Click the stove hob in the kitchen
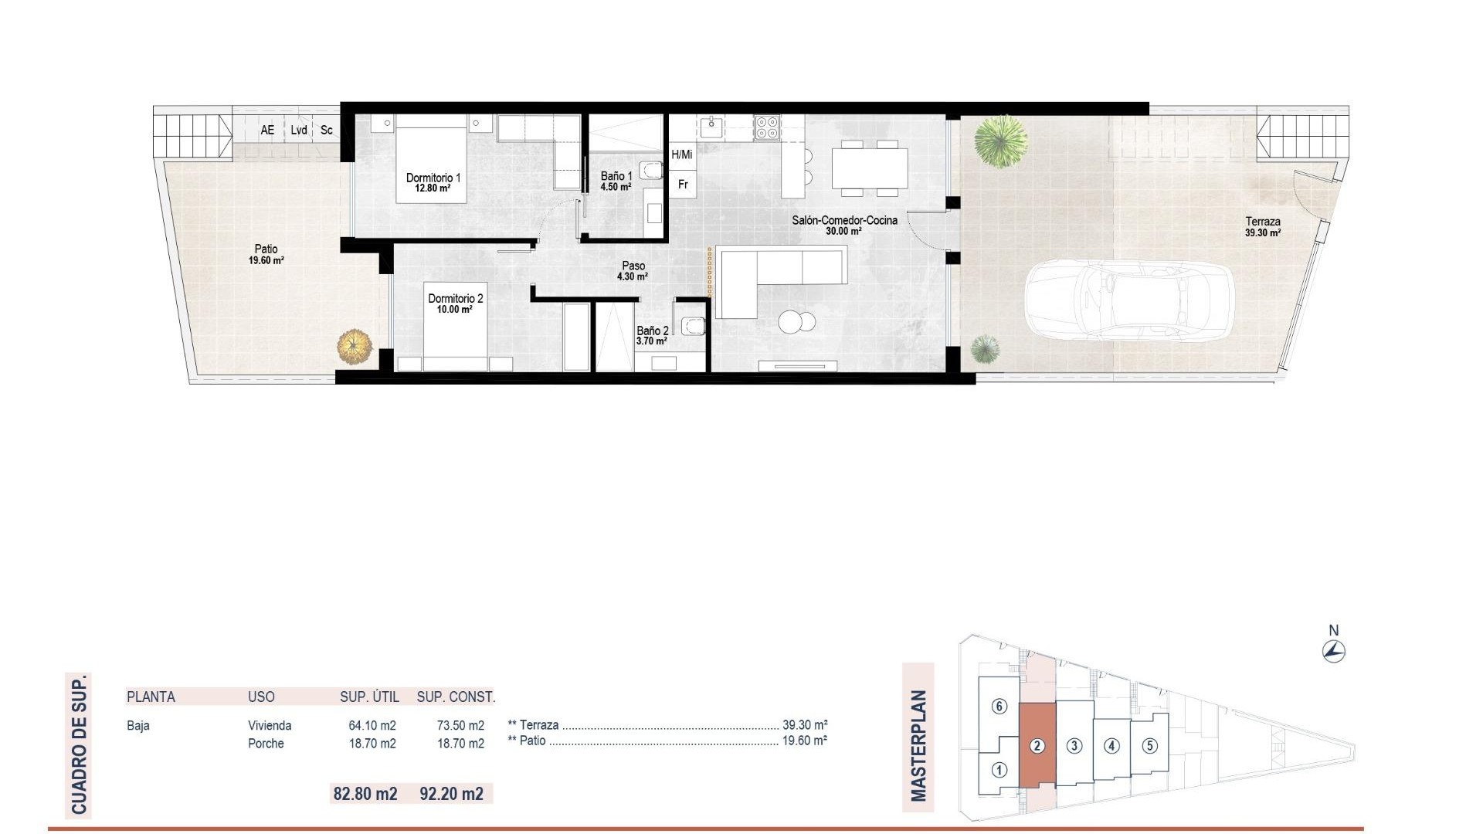pos(767,127)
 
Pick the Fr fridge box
pos(683,185)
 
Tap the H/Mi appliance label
pos(682,155)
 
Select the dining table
pos(869,168)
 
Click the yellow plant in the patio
pos(355,346)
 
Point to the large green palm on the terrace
pos(1000,141)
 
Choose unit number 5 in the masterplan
pos(1150,746)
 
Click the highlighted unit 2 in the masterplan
pos(1037,746)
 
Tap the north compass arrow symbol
pos(1333,652)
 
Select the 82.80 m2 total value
pos(365,794)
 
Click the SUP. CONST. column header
pos(456,697)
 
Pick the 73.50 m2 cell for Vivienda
pos(460,726)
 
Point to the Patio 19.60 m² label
pos(266,254)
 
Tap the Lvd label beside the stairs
pos(299,131)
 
